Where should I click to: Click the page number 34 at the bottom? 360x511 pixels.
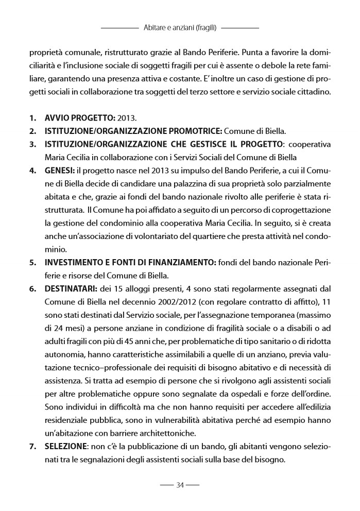(x=180, y=485)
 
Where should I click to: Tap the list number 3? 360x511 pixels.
(x=32, y=144)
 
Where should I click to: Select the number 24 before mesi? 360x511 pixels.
(x=59, y=322)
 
